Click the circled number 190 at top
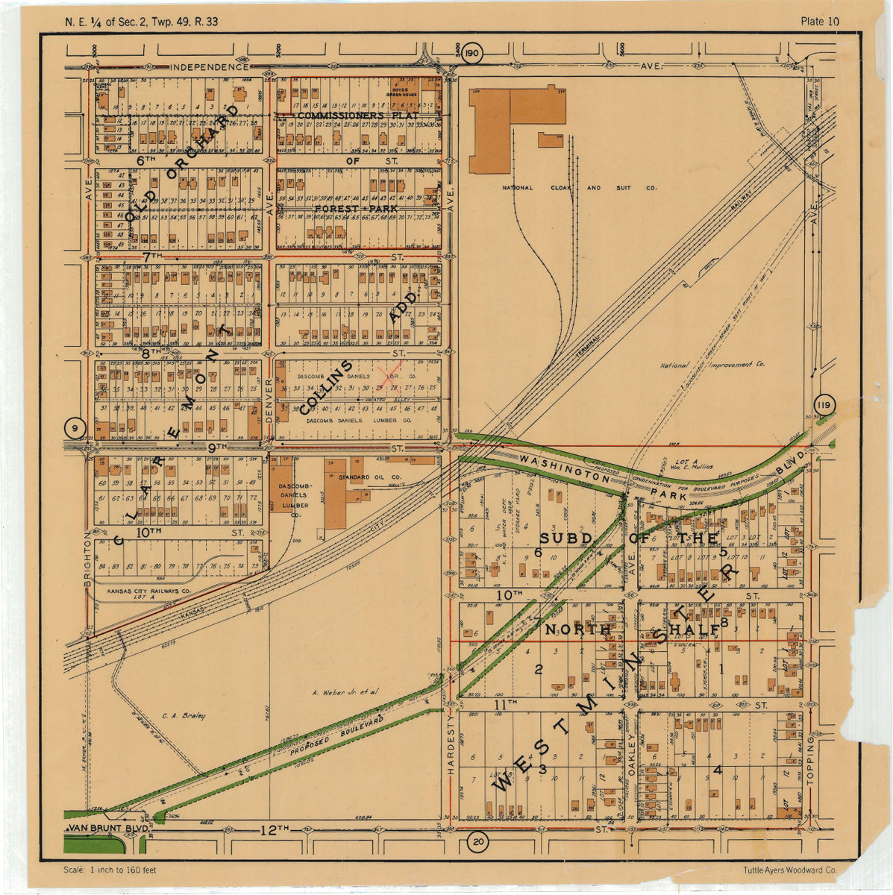pyautogui.click(x=471, y=54)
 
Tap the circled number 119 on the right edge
pyautogui.click(x=824, y=405)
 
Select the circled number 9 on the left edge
pyautogui.click(x=75, y=428)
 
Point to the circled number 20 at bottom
pyautogui.click(x=477, y=842)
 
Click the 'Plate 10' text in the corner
pyautogui.click(x=819, y=21)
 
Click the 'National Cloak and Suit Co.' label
pyautogui.click(x=579, y=189)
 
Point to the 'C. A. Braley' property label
pyautogui.click(x=183, y=716)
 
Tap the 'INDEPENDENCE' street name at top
pyautogui.click(x=209, y=67)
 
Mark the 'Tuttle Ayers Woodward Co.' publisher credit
pyautogui.click(x=789, y=870)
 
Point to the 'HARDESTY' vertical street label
pyautogui.click(x=451, y=746)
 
